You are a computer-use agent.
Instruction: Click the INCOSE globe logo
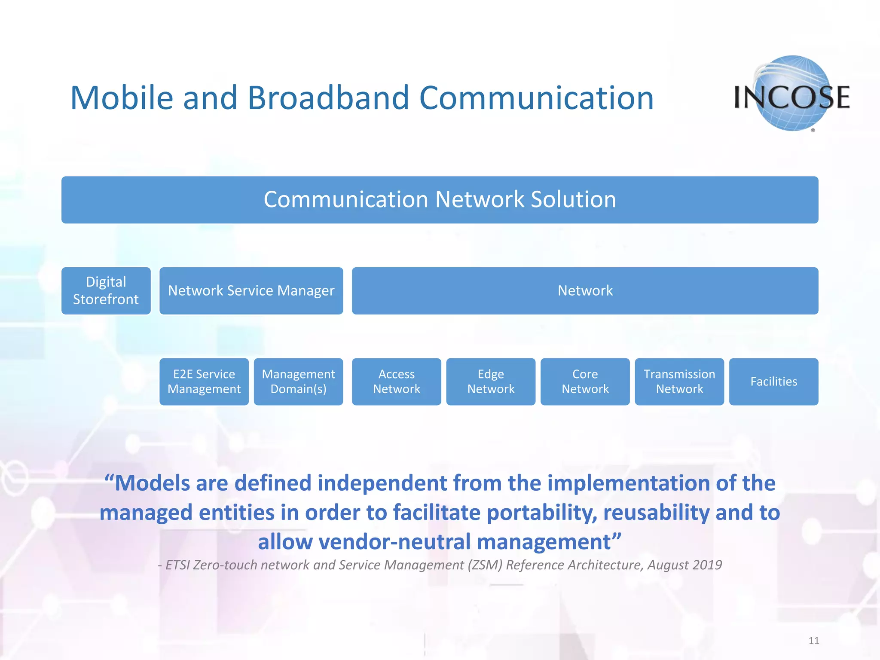[792, 93]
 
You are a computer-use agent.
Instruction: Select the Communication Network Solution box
[440, 200]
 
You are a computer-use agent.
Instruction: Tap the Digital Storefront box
[106, 291]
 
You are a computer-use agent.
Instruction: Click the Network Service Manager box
[251, 291]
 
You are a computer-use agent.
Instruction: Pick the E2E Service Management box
[204, 382]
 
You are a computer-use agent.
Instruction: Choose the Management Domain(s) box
[298, 382]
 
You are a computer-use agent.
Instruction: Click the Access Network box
[396, 382]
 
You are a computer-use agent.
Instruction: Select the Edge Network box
[491, 382]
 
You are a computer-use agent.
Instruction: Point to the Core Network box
[585, 382]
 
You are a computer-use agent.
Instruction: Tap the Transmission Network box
[679, 382]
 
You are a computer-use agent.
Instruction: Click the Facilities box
[773, 382]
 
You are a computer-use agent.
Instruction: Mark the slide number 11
[814, 641]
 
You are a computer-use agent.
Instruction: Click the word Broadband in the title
[328, 98]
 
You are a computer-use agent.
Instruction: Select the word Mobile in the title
[122, 98]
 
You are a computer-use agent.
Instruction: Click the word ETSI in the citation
[178, 565]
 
